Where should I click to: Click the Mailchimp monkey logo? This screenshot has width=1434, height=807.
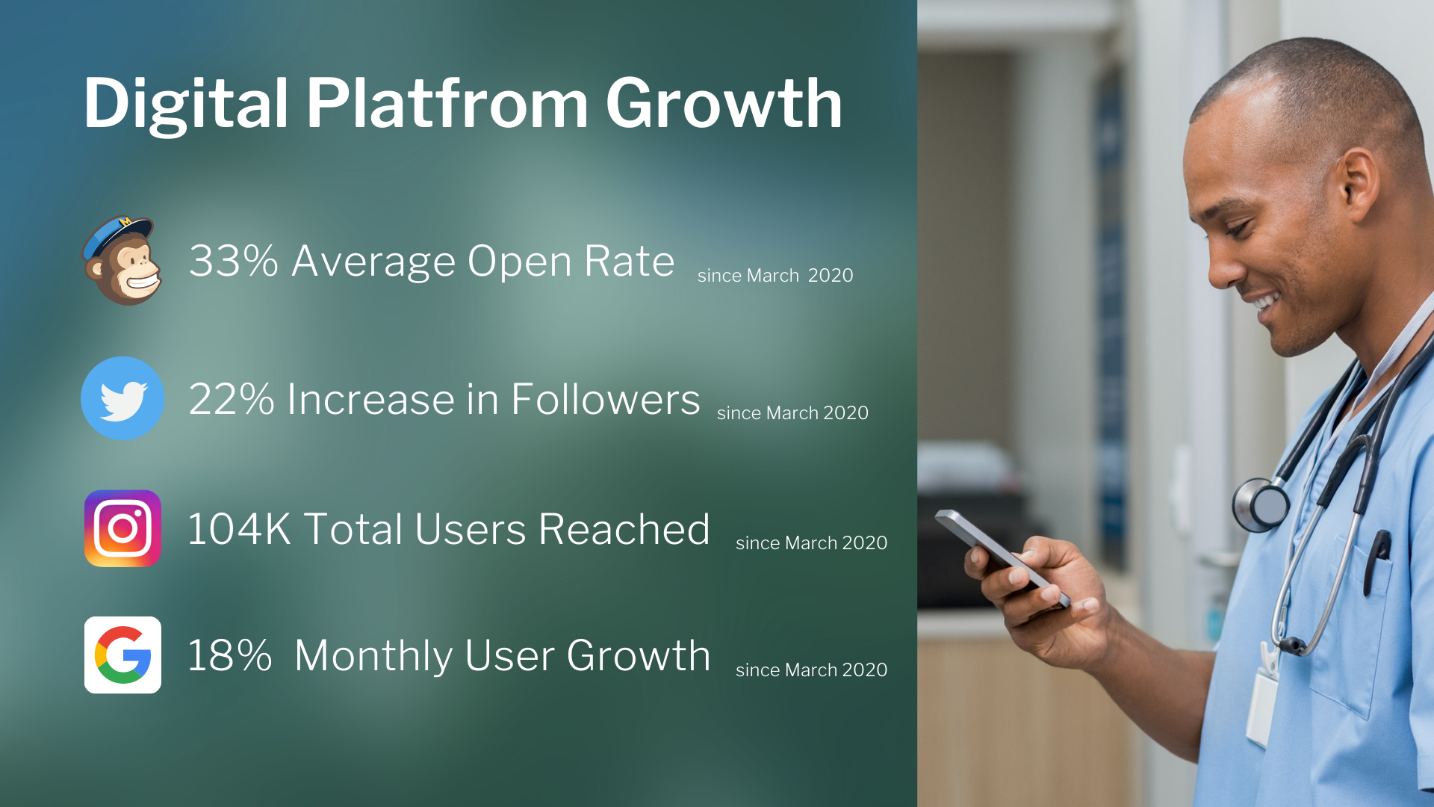[122, 261]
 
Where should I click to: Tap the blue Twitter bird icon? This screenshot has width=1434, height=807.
[122, 398]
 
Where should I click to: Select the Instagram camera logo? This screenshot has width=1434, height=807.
[122, 528]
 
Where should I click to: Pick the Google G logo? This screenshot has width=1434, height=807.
[122, 655]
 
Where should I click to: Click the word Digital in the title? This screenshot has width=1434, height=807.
[186, 105]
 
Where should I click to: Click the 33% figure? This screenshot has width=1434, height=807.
[233, 261]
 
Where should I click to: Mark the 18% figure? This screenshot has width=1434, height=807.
[229, 655]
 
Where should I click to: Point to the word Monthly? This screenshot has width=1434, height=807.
[374, 658]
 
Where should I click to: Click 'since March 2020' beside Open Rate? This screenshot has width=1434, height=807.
[775, 275]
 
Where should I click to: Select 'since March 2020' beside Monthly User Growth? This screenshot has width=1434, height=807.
[812, 670]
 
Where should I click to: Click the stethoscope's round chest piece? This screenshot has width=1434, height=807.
[1261, 504]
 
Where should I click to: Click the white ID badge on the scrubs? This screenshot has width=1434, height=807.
[1263, 706]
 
